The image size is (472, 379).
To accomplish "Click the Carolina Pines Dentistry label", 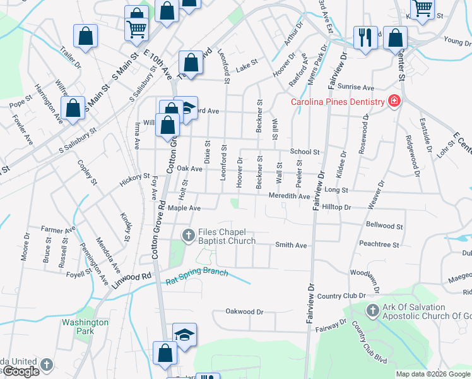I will click(x=337, y=102).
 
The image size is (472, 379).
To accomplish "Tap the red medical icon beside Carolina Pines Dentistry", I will click(x=394, y=102).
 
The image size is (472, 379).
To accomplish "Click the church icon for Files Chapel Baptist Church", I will click(x=188, y=236).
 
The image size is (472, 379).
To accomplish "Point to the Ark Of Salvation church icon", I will click(x=372, y=311).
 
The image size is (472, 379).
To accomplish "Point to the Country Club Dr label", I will click(x=341, y=296).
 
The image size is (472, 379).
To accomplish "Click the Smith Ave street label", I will click(x=291, y=245).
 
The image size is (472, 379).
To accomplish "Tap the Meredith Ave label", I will click(x=289, y=196).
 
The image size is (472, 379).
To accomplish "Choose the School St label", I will click(x=305, y=152).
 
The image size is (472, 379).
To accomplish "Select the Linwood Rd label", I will click(x=134, y=277).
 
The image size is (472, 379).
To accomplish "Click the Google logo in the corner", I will click(x=20, y=371).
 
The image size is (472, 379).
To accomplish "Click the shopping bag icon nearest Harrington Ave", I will click(x=73, y=107).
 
